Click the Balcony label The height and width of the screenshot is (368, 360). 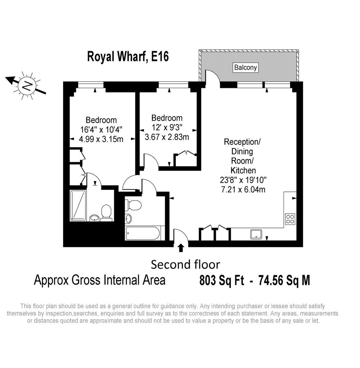(245, 67)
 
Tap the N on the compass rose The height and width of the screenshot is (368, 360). (28, 86)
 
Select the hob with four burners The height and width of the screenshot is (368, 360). (290, 219)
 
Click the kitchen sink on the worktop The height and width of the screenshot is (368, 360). (256, 234)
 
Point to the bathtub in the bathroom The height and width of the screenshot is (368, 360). (143, 233)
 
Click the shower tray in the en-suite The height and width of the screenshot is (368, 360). (78, 205)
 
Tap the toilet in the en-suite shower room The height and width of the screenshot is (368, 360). (106, 213)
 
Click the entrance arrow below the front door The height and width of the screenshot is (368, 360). (181, 248)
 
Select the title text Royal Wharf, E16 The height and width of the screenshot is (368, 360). (128, 57)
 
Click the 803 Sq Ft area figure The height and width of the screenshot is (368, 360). (222, 280)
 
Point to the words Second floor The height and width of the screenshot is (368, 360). (185, 264)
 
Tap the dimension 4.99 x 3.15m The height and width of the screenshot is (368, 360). (101, 139)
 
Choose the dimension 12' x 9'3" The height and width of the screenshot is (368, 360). (167, 127)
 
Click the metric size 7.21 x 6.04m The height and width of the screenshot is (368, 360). (243, 189)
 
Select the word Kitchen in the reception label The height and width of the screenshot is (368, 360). (243, 170)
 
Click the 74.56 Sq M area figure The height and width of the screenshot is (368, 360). (284, 280)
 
